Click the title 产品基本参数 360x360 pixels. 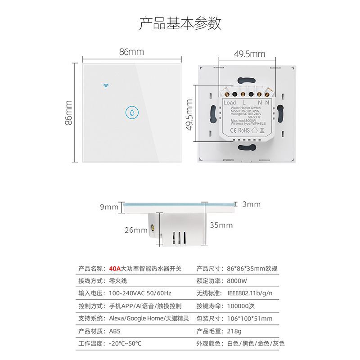(x=180, y=23)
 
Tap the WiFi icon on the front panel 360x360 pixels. (x=106, y=85)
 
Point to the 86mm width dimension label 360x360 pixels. (x=131, y=52)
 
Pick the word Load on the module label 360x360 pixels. (x=229, y=103)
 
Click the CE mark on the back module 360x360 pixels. (x=234, y=130)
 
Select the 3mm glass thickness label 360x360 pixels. (x=251, y=204)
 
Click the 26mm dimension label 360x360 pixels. (x=136, y=230)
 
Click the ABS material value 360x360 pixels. (x=115, y=331)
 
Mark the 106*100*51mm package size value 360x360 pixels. (x=250, y=319)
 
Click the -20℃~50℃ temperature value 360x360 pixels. (x=125, y=343)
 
